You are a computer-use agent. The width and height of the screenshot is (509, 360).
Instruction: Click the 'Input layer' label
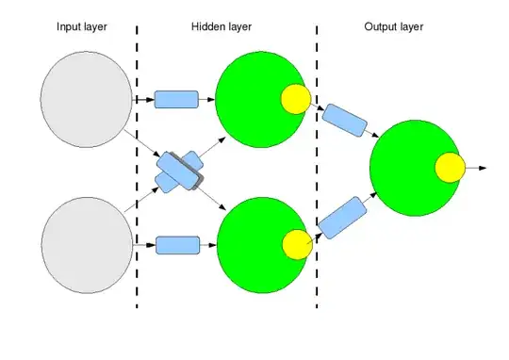click(x=82, y=26)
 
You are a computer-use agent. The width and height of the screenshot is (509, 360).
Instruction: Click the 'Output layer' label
click(x=394, y=26)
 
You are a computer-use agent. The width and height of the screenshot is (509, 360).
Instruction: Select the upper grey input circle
click(x=86, y=99)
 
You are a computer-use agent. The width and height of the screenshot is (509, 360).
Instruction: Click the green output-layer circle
click(x=411, y=167)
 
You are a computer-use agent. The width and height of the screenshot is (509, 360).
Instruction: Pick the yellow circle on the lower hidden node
click(x=296, y=243)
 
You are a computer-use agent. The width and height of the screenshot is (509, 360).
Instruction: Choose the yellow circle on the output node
click(x=450, y=168)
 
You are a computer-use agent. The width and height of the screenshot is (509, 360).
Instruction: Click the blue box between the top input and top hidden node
click(x=176, y=99)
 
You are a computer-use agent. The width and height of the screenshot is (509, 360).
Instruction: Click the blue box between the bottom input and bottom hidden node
click(x=177, y=245)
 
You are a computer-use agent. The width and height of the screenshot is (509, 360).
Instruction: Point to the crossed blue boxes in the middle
click(x=179, y=172)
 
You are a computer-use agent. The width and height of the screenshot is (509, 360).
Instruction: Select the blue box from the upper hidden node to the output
click(x=343, y=120)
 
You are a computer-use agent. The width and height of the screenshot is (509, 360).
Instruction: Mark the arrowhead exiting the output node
click(x=483, y=168)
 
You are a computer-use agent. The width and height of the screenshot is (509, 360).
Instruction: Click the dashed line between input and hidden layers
click(x=137, y=170)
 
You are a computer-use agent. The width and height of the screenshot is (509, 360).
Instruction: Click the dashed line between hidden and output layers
click(x=316, y=170)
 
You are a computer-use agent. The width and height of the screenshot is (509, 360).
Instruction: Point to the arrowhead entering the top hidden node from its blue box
click(x=211, y=99)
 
